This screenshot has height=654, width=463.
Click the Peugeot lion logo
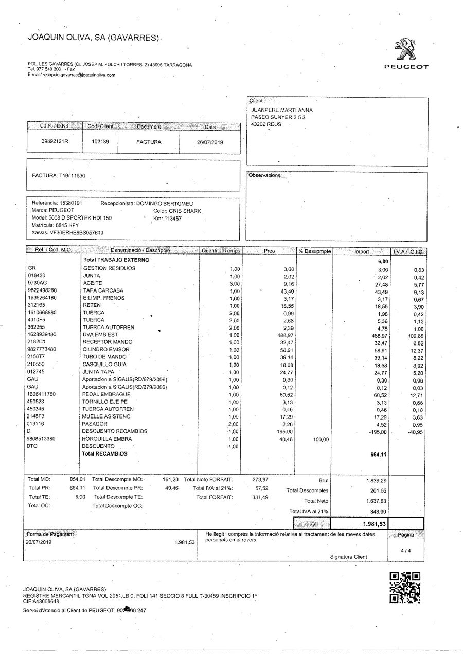click(406, 50)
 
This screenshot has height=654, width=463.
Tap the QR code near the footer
click(405, 587)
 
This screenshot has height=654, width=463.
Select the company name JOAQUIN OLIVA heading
click(94, 38)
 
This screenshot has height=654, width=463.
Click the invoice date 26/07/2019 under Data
click(210, 142)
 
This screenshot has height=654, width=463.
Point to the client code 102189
click(100, 142)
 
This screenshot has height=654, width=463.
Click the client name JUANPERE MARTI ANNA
click(281, 110)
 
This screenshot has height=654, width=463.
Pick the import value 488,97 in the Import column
click(378, 335)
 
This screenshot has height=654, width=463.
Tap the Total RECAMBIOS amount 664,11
click(378, 455)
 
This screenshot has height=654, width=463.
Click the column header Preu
click(270, 251)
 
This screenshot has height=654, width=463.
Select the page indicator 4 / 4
click(405, 550)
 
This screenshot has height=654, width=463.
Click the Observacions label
click(265, 175)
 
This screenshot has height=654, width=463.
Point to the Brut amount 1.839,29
click(377, 480)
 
